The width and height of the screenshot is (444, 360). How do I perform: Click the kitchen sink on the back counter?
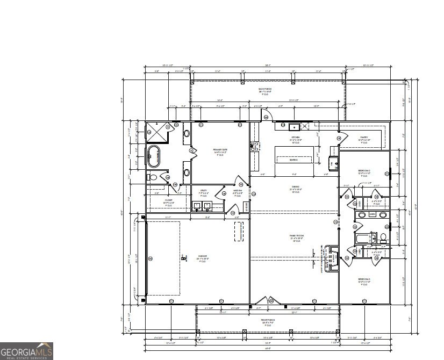294,127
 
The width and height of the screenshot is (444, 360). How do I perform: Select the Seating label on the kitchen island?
294,160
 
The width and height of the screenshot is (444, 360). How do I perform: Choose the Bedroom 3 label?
364,280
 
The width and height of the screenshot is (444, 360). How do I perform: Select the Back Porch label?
265,91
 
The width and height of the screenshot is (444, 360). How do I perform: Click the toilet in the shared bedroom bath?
383,236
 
